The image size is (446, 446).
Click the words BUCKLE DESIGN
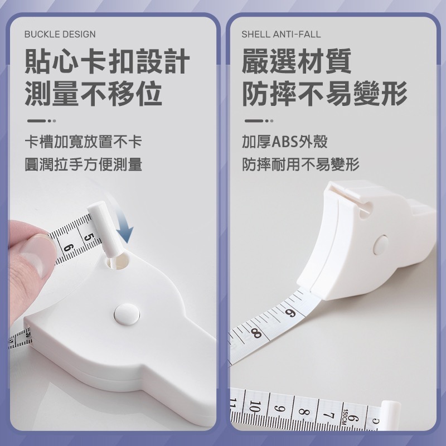click(x=60, y=34)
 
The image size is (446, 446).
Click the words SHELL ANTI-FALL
click(x=281, y=34)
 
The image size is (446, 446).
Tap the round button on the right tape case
click(x=381, y=244)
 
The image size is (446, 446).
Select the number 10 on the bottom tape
click(x=255, y=408)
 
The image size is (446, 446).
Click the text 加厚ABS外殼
click(x=284, y=142)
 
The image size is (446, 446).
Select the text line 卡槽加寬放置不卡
click(x=83, y=142)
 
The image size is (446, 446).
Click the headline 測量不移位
click(x=93, y=93)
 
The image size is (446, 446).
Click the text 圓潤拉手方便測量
click(x=83, y=164)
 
